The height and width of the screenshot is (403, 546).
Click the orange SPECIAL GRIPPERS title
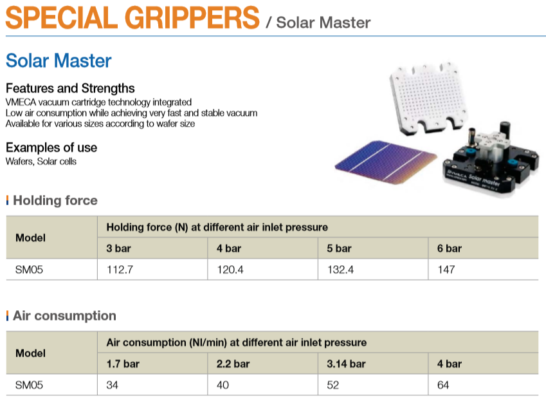click(132, 17)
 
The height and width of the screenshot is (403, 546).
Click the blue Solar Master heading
click(59, 61)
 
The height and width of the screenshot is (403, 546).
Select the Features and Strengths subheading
click(70, 89)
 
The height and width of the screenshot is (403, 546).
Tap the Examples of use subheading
click(51, 147)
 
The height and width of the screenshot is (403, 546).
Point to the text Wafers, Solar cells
click(41, 162)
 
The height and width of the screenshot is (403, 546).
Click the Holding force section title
click(55, 200)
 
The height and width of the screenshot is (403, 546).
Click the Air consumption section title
click(64, 316)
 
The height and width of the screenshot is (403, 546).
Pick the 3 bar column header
click(119, 248)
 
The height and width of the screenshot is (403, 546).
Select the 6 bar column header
click(450, 248)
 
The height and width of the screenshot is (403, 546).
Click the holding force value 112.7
click(120, 270)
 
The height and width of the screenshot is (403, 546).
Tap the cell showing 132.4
click(341, 270)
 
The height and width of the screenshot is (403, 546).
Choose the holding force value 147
click(446, 270)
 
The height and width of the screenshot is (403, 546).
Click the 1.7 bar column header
click(123, 364)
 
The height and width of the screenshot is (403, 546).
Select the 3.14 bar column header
click(346, 364)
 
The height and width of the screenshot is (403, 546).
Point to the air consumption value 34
click(113, 385)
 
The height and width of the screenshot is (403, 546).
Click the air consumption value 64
click(443, 385)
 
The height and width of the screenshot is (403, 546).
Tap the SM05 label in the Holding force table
click(29, 270)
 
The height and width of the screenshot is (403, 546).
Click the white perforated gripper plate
click(428, 98)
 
